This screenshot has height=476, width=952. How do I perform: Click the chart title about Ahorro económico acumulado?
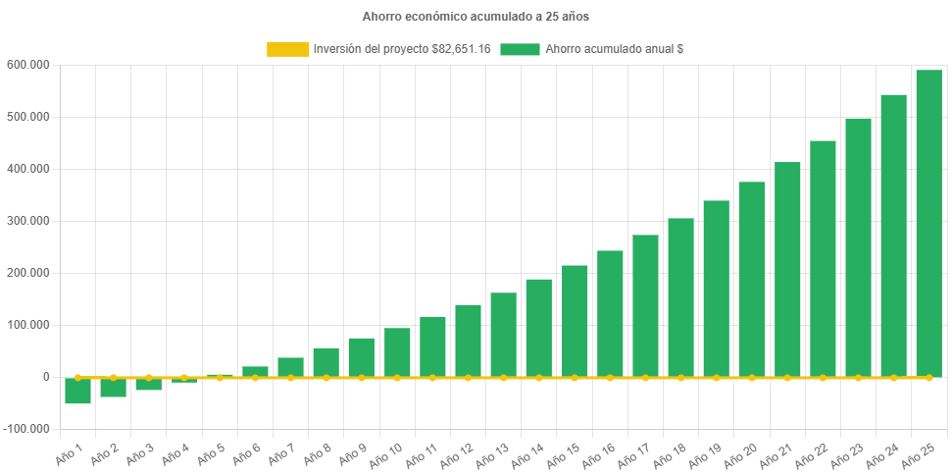(476, 17)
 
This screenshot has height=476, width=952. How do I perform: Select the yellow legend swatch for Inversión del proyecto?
(287, 49)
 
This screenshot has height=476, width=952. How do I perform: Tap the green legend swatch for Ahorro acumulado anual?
(520, 49)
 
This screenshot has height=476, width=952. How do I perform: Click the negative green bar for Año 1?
(78, 391)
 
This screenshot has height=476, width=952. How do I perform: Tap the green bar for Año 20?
(752, 280)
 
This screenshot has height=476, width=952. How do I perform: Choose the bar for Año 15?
(575, 321)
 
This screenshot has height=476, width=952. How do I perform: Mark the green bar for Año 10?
(397, 352)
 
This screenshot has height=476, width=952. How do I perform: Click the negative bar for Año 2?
(114, 388)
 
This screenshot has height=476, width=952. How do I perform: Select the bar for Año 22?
(823, 259)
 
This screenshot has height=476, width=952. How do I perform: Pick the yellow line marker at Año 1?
(78, 377)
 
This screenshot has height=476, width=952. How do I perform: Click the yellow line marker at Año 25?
(928, 377)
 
